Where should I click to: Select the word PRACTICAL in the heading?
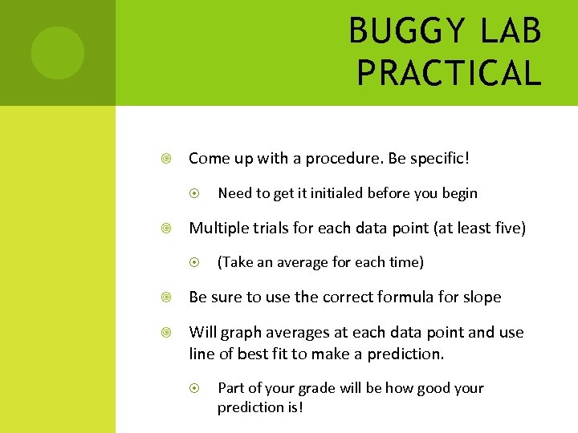click(x=450, y=73)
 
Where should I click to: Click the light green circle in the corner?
click(x=57, y=53)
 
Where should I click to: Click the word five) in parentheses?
click(x=507, y=229)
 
